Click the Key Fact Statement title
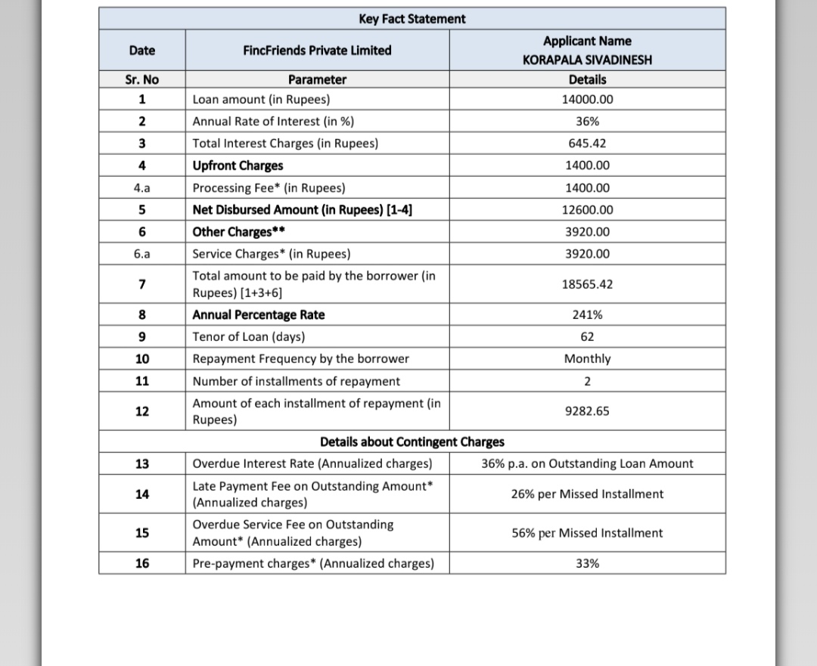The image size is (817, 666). point(412,19)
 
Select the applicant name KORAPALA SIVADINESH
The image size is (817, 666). point(587,60)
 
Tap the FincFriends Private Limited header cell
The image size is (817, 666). point(317,51)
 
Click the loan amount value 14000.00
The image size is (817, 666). point(587,99)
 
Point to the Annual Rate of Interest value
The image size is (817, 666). point(587,121)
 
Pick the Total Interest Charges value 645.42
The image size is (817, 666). point(587,143)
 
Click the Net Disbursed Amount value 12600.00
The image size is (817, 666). point(587,209)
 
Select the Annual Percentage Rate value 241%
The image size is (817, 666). point(587,314)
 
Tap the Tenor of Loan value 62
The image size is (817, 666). point(587,336)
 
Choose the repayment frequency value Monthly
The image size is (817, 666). point(587,358)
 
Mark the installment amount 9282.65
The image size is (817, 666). point(587,411)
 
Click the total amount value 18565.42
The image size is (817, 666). point(587,284)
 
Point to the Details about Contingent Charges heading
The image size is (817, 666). point(412,441)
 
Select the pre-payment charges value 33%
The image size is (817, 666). point(587,563)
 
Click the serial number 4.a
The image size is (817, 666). point(142,187)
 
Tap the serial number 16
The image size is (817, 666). point(142,563)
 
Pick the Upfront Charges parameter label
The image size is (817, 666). point(238,166)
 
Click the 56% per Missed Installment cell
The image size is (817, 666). point(587,533)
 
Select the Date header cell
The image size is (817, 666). point(142,51)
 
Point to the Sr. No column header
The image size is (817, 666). point(142,79)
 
